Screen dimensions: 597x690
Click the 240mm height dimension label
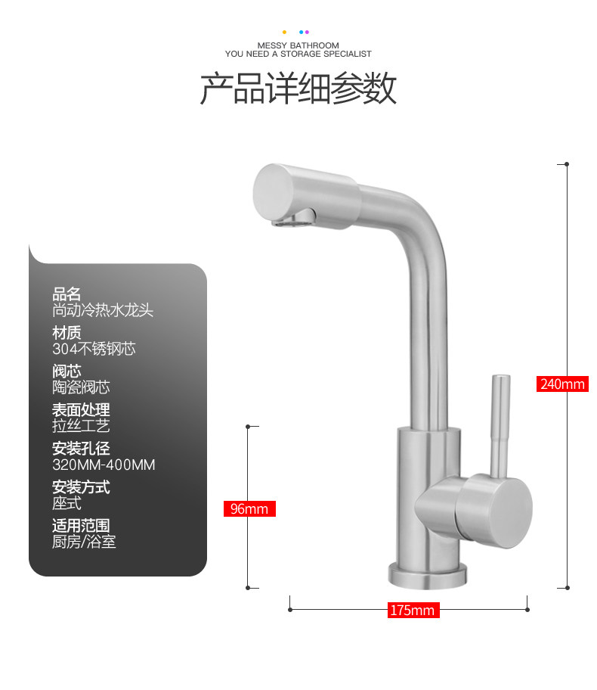pyautogui.click(x=562, y=384)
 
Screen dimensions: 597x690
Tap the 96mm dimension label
pyautogui.click(x=249, y=508)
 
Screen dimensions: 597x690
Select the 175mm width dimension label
pyautogui.click(x=412, y=610)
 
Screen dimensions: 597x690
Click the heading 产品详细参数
pyautogui.click(x=298, y=89)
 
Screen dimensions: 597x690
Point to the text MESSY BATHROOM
pyautogui.click(x=298, y=45)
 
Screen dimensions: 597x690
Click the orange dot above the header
pyautogui.click(x=284, y=32)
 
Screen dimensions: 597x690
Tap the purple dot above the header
pyautogui.click(x=307, y=32)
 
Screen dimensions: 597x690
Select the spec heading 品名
pyautogui.click(x=67, y=294)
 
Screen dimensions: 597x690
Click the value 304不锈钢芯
pyautogui.click(x=94, y=349)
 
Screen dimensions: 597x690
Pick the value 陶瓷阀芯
pyautogui.click(x=81, y=387)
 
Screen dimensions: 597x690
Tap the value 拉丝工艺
pyautogui.click(x=81, y=426)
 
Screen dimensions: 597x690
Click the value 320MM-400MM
pyautogui.click(x=104, y=465)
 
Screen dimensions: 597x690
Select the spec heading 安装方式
pyautogui.click(x=81, y=486)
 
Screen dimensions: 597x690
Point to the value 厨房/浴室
pyautogui.click(x=84, y=542)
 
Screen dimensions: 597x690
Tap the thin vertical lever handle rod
pyautogui.click(x=498, y=424)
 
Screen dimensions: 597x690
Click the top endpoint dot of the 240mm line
pyautogui.click(x=567, y=163)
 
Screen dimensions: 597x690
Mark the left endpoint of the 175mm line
pyautogui.click(x=290, y=608)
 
